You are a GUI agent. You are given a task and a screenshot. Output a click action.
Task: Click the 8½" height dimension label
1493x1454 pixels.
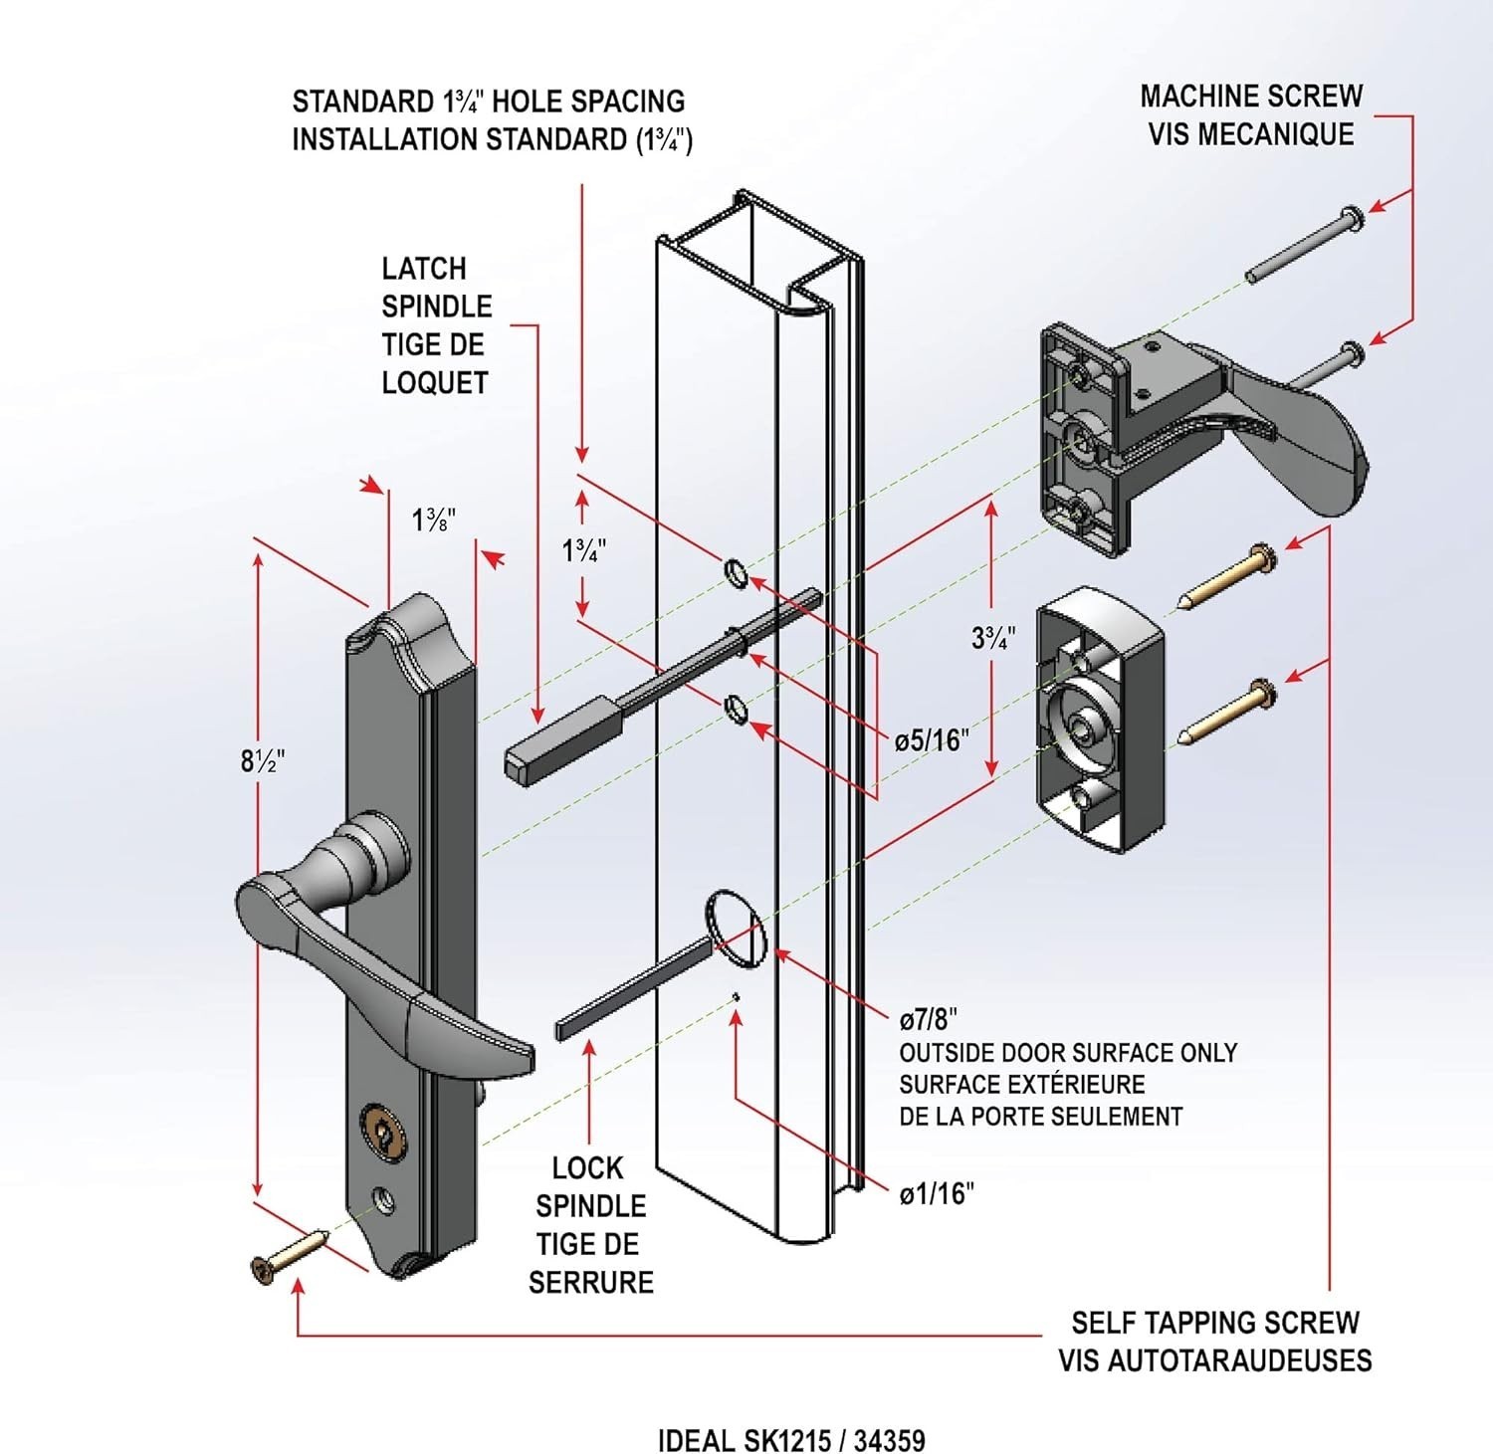[x=263, y=760]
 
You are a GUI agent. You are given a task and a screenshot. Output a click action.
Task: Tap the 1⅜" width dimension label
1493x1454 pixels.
[x=434, y=519]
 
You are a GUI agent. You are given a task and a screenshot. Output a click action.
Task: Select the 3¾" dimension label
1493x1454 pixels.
[x=993, y=637]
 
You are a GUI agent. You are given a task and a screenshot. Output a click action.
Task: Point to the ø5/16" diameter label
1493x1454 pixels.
[x=931, y=740]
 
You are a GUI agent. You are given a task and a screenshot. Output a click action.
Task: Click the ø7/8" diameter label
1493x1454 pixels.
[x=928, y=1019]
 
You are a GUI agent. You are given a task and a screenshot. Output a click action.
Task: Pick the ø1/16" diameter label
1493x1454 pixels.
[x=936, y=1193]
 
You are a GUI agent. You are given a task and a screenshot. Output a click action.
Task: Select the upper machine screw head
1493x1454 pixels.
[x=1351, y=216]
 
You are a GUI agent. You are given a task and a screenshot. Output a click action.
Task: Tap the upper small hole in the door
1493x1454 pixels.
[x=736, y=574]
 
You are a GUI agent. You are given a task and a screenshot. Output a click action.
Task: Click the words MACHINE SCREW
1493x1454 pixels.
[x=1251, y=97]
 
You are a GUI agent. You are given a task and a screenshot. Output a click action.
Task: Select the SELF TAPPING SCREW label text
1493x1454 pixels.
[x=1214, y=1323]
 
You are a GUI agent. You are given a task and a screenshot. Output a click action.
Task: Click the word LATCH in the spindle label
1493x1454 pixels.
[x=424, y=269]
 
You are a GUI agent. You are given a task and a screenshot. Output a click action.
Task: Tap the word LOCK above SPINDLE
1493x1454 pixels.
[x=588, y=1168]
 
